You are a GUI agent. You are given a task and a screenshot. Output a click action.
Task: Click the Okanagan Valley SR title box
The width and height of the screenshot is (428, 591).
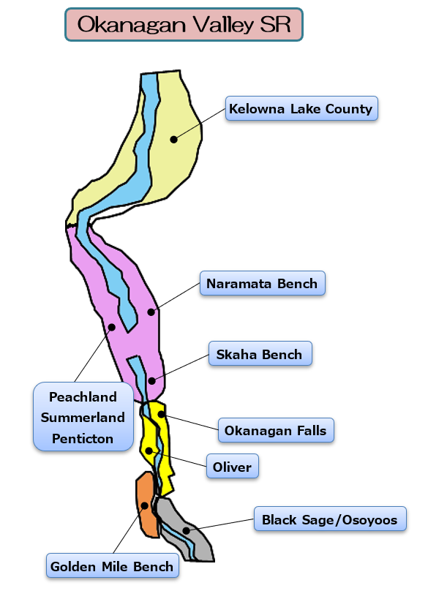click(x=184, y=24)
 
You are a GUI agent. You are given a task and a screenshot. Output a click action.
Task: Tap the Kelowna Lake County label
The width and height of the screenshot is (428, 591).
click(x=301, y=108)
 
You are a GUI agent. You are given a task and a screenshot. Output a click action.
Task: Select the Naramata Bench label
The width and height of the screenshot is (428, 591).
click(x=263, y=283)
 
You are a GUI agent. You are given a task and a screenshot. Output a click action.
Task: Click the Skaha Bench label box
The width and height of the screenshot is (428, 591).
click(x=260, y=353)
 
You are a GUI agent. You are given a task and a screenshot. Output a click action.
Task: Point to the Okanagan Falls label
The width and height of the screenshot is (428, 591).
click(x=276, y=430)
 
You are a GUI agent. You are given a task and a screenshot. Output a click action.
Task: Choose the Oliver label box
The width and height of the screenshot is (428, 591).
click(x=232, y=466)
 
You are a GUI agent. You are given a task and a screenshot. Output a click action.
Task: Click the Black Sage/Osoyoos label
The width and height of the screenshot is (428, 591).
click(x=330, y=519)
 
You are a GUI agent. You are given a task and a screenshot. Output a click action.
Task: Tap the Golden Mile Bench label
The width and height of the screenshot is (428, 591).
click(x=113, y=565)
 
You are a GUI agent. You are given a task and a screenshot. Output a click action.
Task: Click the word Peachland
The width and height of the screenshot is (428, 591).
click(x=83, y=396)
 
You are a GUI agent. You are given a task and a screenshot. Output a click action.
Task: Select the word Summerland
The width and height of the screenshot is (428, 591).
click(x=83, y=417)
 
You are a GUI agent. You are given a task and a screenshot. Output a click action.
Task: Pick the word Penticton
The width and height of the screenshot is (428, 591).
click(x=83, y=438)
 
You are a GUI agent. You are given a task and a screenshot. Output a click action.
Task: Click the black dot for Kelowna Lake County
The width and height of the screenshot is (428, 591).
click(x=173, y=140)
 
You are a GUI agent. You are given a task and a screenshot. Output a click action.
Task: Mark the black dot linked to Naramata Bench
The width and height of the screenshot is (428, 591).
click(x=151, y=312)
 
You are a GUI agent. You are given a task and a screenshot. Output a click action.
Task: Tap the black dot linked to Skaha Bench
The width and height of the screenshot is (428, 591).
click(x=151, y=380)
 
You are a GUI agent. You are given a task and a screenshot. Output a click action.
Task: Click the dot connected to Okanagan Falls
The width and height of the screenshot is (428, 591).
click(x=161, y=414)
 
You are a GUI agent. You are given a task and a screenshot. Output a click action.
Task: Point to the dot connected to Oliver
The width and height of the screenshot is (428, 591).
click(x=149, y=451)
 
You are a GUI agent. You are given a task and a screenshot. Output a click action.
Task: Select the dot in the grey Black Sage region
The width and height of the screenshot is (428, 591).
click(x=186, y=531)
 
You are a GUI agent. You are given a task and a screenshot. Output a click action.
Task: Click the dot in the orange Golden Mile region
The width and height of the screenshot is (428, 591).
click(x=144, y=505)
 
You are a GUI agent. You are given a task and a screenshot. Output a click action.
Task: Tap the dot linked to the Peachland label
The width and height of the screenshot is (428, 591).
click(x=112, y=327)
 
